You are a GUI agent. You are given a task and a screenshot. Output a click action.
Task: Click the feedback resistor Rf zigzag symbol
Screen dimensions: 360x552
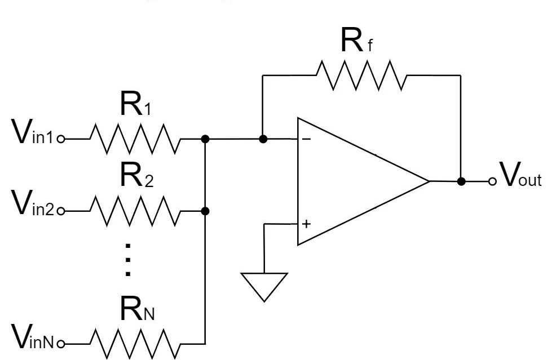pyautogui.click(x=361, y=75)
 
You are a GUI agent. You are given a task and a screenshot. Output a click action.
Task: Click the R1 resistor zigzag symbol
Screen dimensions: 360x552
pyautogui.click(x=135, y=139)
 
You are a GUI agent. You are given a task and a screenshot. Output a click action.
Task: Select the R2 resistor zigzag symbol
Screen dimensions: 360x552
pyautogui.click(x=135, y=211)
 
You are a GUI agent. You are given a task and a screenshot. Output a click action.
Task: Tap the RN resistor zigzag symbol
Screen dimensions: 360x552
pyautogui.click(x=135, y=342)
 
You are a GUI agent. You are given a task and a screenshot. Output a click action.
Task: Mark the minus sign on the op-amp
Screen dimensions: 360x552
pyautogui.click(x=306, y=138)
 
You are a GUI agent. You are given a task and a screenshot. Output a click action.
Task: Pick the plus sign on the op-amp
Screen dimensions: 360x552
pyautogui.click(x=306, y=224)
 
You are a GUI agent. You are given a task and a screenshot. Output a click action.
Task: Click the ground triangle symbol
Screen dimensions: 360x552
pyautogui.click(x=264, y=285)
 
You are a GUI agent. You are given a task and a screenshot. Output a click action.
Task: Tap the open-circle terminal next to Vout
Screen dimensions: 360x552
pyautogui.click(x=493, y=181)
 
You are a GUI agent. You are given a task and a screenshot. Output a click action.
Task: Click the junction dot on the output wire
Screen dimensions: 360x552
pyautogui.click(x=461, y=181)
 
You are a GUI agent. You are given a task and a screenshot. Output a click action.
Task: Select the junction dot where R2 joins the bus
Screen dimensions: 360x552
pyautogui.click(x=206, y=211)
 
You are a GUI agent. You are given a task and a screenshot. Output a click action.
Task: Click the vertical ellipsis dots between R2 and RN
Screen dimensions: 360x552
pyautogui.click(x=129, y=260)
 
